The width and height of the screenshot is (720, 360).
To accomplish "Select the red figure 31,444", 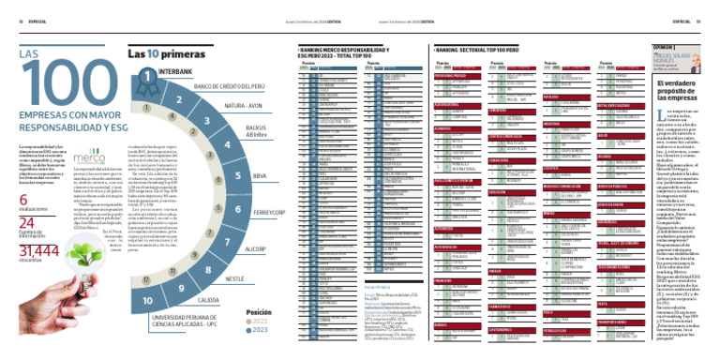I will (x=35, y=250).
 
